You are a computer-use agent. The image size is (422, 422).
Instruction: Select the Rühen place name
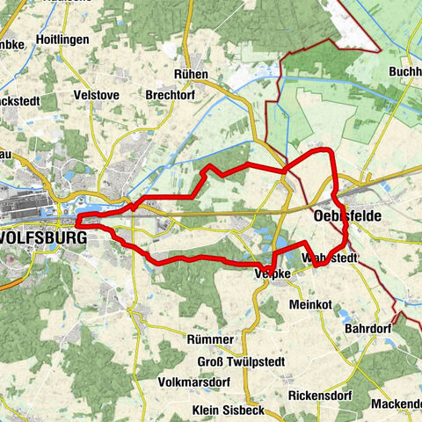coord(192,75)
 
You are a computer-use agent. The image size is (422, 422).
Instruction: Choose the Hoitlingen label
coord(64,40)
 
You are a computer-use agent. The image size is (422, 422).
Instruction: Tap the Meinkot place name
coord(310,304)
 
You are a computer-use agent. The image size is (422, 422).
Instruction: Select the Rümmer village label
coord(211,339)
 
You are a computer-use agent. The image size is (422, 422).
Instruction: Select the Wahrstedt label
coord(329,258)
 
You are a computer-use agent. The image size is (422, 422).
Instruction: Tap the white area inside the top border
coord(369,18)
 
